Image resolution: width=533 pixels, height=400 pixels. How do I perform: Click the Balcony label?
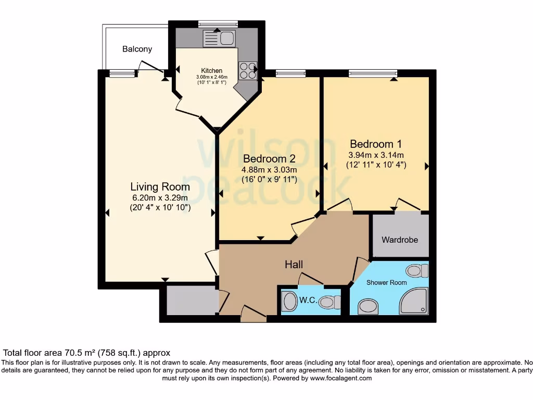pyautogui.click(x=137, y=49)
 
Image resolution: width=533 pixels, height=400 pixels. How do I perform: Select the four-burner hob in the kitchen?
pyautogui.click(x=248, y=70)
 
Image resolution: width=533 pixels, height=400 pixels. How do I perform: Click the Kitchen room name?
pyautogui.click(x=212, y=71)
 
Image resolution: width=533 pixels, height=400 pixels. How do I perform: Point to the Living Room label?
pyautogui.click(x=160, y=186)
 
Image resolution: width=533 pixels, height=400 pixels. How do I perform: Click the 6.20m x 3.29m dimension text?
pyautogui.click(x=160, y=197)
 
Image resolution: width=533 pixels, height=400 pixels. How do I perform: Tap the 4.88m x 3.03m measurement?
pyautogui.click(x=269, y=170)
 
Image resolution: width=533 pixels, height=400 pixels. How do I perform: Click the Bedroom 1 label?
pyautogui.click(x=376, y=144)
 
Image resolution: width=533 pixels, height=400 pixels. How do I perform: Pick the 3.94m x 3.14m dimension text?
pyautogui.click(x=376, y=155)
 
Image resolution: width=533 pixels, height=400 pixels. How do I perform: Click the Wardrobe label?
pyautogui.click(x=400, y=240)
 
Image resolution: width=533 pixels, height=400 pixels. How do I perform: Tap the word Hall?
pyautogui.click(x=294, y=265)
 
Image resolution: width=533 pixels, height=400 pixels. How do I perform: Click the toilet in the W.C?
pyautogui.click(x=329, y=302)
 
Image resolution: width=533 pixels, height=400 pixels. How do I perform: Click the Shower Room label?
pyautogui.click(x=386, y=282)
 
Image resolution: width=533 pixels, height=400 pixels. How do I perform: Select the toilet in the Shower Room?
pyautogui.click(x=416, y=271)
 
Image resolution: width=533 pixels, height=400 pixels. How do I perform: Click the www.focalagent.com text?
pyautogui.click(x=340, y=378)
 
